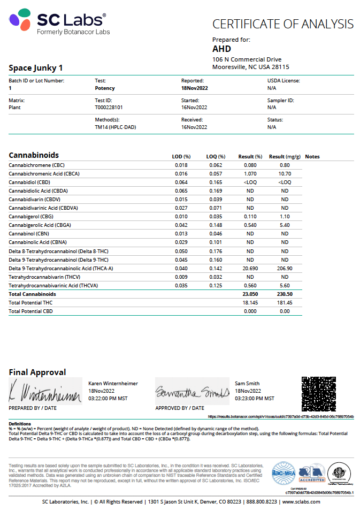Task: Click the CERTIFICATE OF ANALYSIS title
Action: pos(283,24)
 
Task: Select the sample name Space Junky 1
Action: pos(36,68)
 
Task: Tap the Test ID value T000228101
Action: pos(109,107)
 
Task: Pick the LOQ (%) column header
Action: pos(216,157)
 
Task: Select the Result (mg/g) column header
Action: pos(285,157)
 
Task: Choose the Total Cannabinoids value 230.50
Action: pos(285,294)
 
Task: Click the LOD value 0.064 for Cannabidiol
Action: pos(181,182)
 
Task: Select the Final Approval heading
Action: pos(37,372)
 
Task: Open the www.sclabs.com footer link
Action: pos(301,501)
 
